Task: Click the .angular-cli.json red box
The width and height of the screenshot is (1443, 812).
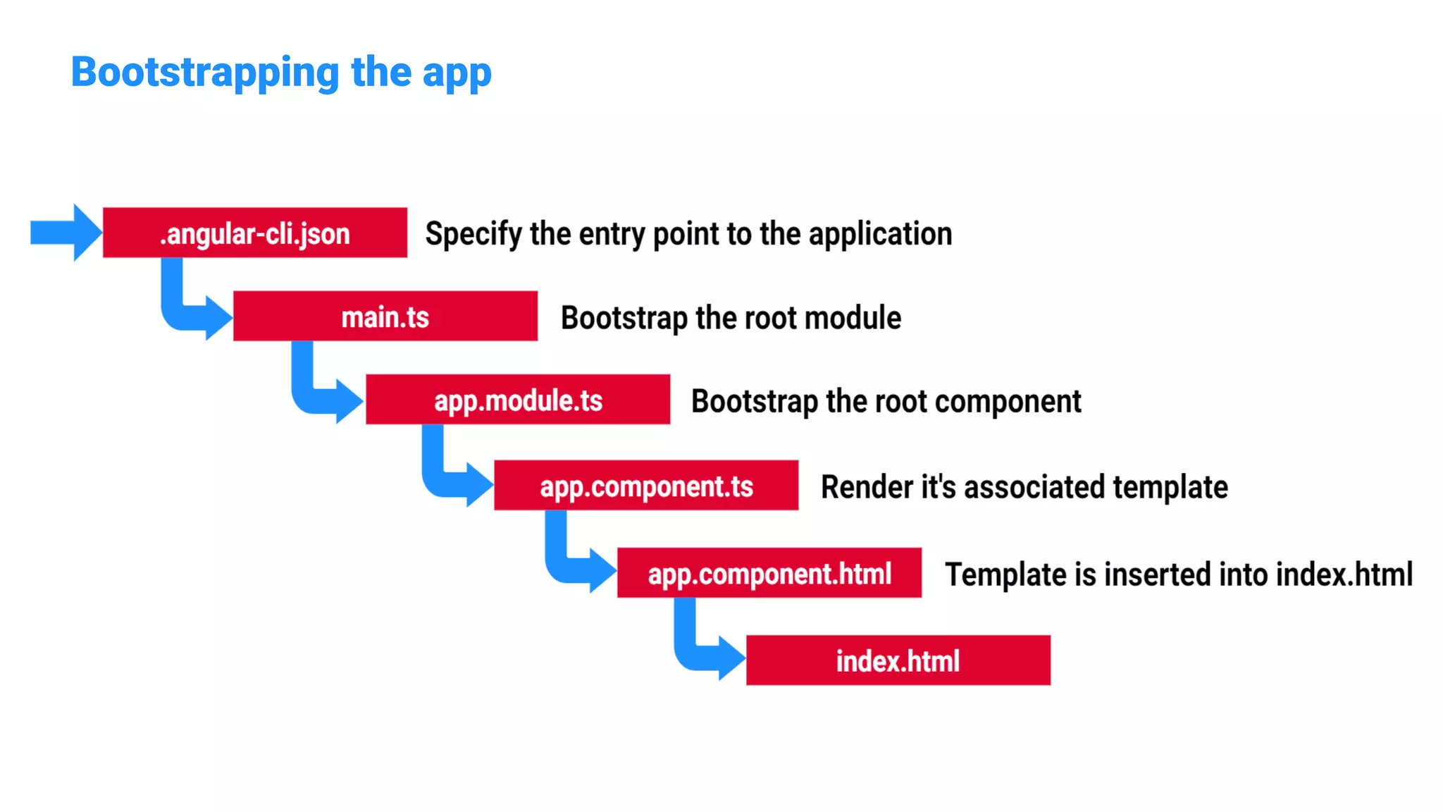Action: pyautogui.click(x=254, y=233)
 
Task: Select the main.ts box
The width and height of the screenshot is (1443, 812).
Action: pyautogui.click(x=385, y=316)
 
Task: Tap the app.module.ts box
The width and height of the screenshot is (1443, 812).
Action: pyautogui.click(x=518, y=400)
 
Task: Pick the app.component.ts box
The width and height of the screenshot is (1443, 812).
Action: pyautogui.click(x=646, y=486)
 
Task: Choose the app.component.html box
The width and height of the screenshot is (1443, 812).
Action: pyautogui.click(x=769, y=573)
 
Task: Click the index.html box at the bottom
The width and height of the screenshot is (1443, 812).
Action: pyautogui.click(x=898, y=660)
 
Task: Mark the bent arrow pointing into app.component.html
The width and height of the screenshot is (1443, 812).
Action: pyautogui.click(x=568, y=564)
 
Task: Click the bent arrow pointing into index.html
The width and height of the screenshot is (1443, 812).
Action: pyautogui.click(x=698, y=652)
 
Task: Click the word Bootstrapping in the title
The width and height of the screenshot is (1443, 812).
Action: pyautogui.click(x=205, y=73)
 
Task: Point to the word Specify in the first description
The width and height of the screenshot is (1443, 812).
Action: pyautogui.click(x=473, y=234)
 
